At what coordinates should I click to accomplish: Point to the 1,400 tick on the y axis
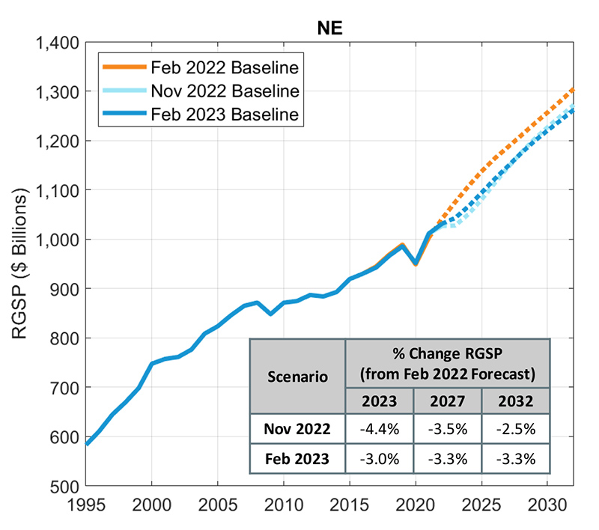[x=59, y=43]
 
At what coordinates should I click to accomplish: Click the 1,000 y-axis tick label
[x=59, y=240]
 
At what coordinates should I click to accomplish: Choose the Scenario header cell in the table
[x=297, y=376]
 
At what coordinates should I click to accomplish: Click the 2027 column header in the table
[x=446, y=401]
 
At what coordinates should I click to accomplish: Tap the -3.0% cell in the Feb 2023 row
[x=379, y=458]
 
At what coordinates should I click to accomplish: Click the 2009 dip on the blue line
[x=270, y=314]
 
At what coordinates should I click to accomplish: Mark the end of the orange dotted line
[x=574, y=89]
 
